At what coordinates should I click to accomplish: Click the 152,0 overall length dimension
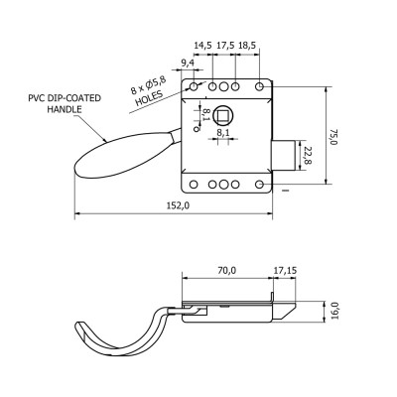pyautogui.click(x=178, y=205)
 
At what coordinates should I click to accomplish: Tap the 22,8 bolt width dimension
pyautogui.click(x=309, y=156)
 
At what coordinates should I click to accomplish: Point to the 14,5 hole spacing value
pyautogui.click(x=202, y=46)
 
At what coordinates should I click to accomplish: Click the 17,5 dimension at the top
pyautogui.click(x=225, y=46)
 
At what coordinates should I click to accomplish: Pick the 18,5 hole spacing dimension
pyautogui.click(x=247, y=46)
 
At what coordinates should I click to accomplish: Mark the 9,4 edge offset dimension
pyautogui.click(x=188, y=63)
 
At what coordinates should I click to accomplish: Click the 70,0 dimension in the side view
pyautogui.click(x=227, y=270)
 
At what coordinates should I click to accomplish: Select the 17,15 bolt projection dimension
pyautogui.click(x=285, y=270)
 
